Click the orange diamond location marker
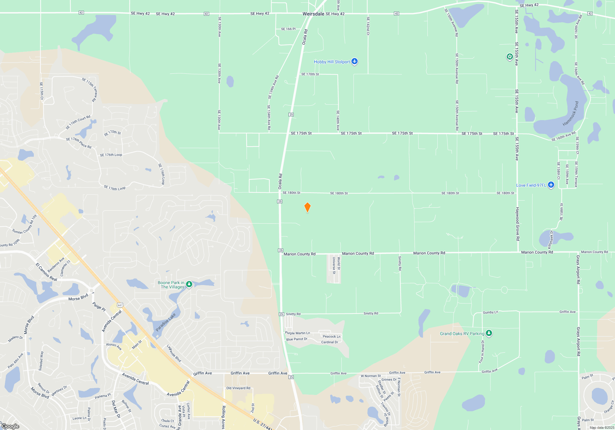(x=307, y=207)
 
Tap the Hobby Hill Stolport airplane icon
(x=355, y=61)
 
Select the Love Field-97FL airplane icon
(x=551, y=185)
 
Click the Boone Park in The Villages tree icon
(x=189, y=284)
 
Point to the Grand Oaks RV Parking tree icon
(x=489, y=333)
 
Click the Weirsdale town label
(x=313, y=14)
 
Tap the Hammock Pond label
(x=571, y=114)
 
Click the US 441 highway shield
(x=120, y=305)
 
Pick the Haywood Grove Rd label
(x=518, y=224)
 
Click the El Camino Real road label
(x=46, y=272)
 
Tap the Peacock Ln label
(x=331, y=336)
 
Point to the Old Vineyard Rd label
(x=238, y=388)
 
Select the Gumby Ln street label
(x=490, y=312)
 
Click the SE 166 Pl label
(x=288, y=29)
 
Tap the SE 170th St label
(x=310, y=74)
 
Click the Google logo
(x=10, y=426)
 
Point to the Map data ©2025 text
(x=601, y=428)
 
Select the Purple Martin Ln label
(x=297, y=333)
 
